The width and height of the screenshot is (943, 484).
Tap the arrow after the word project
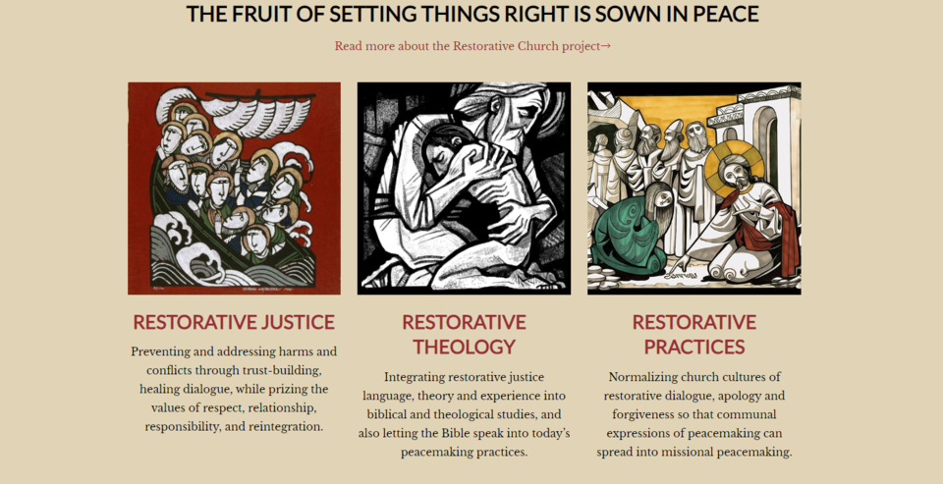[x=606, y=46]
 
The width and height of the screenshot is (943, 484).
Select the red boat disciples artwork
[x=234, y=188]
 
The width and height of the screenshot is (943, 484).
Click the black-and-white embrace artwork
[x=464, y=188]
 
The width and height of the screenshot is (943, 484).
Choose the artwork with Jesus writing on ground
[x=693, y=188]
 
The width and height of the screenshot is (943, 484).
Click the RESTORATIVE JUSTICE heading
[x=234, y=322]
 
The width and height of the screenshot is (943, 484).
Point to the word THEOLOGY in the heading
[x=464, y=347]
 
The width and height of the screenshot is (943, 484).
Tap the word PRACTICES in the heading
[x=693, y=347]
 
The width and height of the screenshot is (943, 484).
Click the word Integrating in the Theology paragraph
[x=417, y=377]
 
